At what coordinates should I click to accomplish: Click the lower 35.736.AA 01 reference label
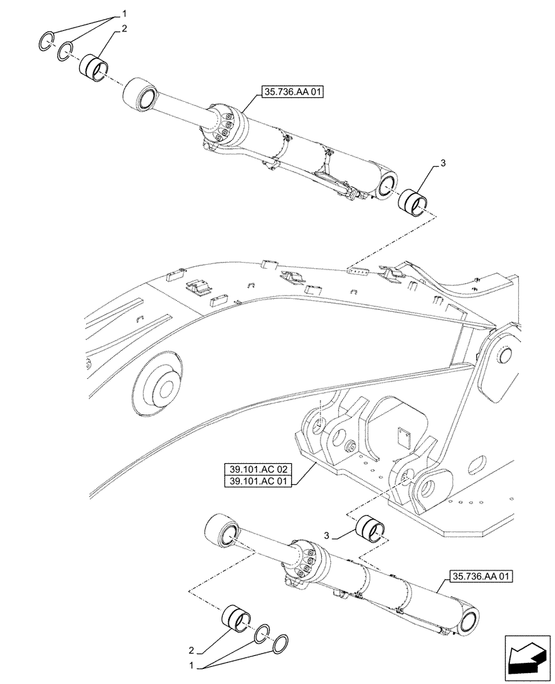point(481,577)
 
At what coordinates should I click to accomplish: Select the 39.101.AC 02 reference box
point(257,469)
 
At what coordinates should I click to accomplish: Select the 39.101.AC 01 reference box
point(257,482)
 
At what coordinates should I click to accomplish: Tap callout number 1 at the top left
point(124,13)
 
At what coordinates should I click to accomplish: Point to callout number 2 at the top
point(124,30)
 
